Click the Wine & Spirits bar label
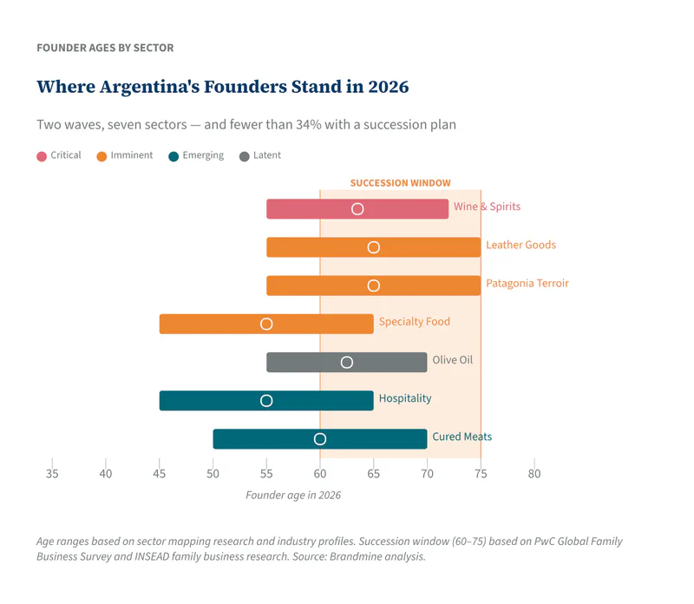pos(487,207)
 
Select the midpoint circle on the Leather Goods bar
pos(374,247)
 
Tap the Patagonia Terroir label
pos(527,284)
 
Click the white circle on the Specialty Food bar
pos(266,324)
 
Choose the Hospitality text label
pos(404,399)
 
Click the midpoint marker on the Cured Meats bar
pos(320,439)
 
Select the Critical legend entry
pos(59,156)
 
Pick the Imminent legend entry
pos(125,156)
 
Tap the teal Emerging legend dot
pos(173,157)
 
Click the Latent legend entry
pos(260,156)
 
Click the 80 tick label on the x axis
pos(534,474)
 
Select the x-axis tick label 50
pos(213,474)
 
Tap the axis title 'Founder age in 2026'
pos(293,496)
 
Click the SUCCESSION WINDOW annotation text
pos(400,183)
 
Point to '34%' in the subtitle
pos(308,125)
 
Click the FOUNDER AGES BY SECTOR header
pos(105,48)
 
